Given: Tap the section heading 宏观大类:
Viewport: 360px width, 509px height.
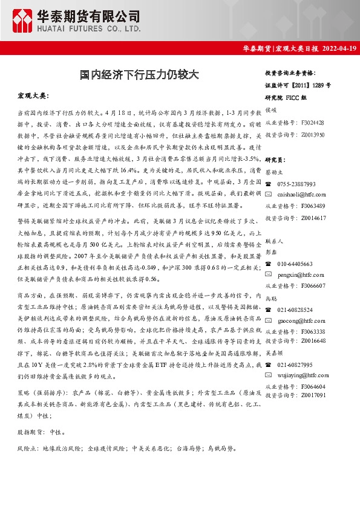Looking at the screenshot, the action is pos(32,97).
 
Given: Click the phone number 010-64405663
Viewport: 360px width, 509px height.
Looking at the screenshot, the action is pos(295,264).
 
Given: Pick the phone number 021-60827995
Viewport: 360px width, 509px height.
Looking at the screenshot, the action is pos(295,365).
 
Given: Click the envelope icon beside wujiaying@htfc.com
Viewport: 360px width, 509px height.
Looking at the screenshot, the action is pos(269,375).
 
